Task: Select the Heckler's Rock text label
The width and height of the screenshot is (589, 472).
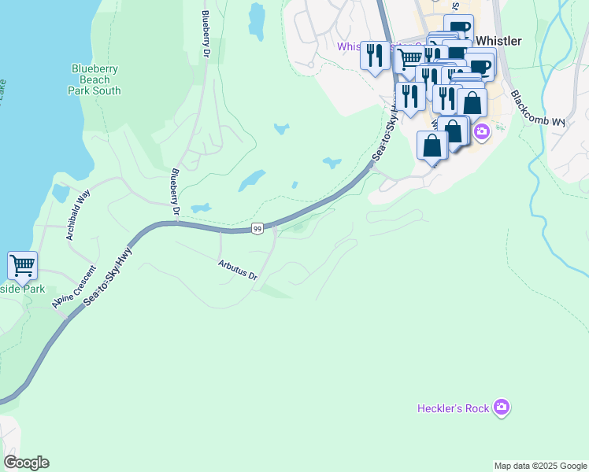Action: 453,407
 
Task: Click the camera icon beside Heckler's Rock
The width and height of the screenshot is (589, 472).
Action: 502,407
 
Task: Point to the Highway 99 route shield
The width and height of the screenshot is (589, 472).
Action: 257,229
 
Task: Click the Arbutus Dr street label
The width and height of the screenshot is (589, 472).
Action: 238,271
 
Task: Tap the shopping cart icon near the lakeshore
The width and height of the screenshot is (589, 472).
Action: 22,264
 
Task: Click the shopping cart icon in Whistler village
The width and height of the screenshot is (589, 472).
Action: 408,57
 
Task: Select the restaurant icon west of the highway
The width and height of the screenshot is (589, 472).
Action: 375,55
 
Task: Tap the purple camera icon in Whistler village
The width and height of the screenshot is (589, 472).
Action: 480,131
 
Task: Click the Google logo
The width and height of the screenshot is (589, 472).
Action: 26,462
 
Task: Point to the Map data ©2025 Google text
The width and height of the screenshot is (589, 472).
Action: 539,466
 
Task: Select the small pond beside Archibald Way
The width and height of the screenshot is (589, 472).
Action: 60,192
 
